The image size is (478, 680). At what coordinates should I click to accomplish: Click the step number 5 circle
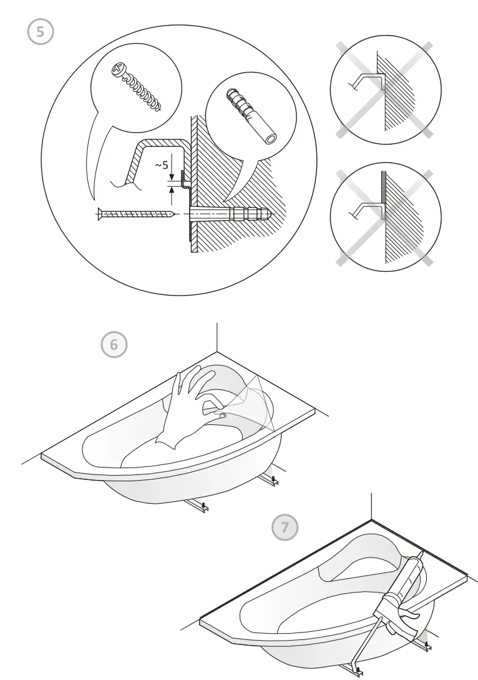tap(41, 32)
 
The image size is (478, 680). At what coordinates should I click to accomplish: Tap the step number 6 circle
tap(114, 344)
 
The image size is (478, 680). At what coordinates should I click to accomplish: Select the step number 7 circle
tap(285, 527)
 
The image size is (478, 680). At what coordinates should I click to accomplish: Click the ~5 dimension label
tap(161, 166)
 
